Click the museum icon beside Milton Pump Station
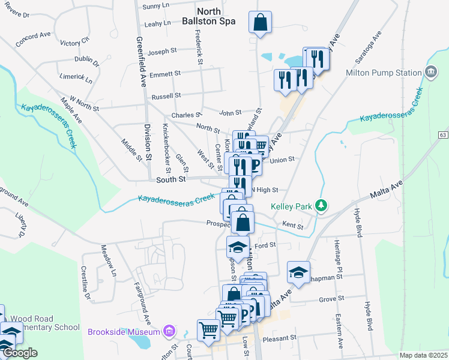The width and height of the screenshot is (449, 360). click(x=430, y=73)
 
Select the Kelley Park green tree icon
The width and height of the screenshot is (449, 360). click(x=322, y=206)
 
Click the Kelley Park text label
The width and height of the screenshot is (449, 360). click(x=292, y=206)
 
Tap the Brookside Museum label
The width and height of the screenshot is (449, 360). click(x=124, y=332)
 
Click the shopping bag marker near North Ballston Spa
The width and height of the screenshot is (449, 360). click(x=260, y=23)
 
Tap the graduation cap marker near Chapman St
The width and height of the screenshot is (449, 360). click(x=298, y=272)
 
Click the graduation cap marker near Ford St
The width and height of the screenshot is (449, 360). click(x=238, y=247)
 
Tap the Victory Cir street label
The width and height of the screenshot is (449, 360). click(x=74, y=43)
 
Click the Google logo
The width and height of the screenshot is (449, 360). click(x=19, y=353)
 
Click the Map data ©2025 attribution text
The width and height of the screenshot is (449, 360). click(x=423, y=355)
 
